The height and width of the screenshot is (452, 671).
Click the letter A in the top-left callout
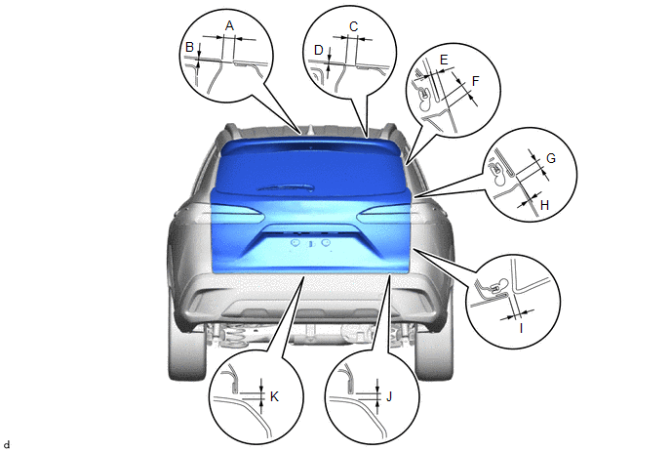229,26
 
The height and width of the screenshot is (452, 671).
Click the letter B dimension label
189,47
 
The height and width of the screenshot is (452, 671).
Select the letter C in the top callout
353,27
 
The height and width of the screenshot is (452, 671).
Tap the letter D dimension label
318,50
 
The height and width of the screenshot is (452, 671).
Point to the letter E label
444,60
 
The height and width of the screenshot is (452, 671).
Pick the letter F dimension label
475,81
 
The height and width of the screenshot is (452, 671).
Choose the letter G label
551,158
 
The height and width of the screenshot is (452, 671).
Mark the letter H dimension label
544,205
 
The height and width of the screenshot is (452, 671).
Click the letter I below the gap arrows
521,329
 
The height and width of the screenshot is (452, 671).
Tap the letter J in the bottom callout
389,396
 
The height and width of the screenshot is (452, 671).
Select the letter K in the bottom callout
274,396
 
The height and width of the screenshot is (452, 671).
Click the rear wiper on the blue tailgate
286,187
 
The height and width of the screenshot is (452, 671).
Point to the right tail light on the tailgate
383,214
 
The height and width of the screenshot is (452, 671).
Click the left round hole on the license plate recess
295,243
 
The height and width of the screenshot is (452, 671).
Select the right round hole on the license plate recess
326,243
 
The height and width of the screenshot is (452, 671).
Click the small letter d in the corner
7,445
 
